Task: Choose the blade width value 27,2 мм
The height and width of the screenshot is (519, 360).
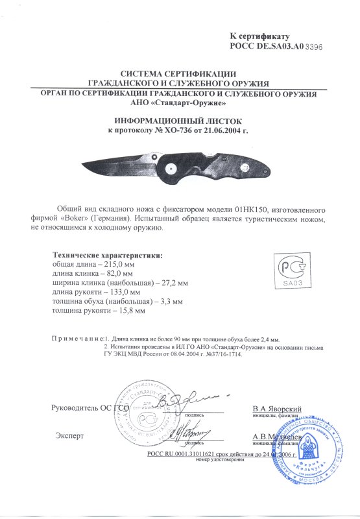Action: click(x=173, y=284)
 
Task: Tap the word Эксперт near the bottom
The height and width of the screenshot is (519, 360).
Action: click(x=69, y=435)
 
